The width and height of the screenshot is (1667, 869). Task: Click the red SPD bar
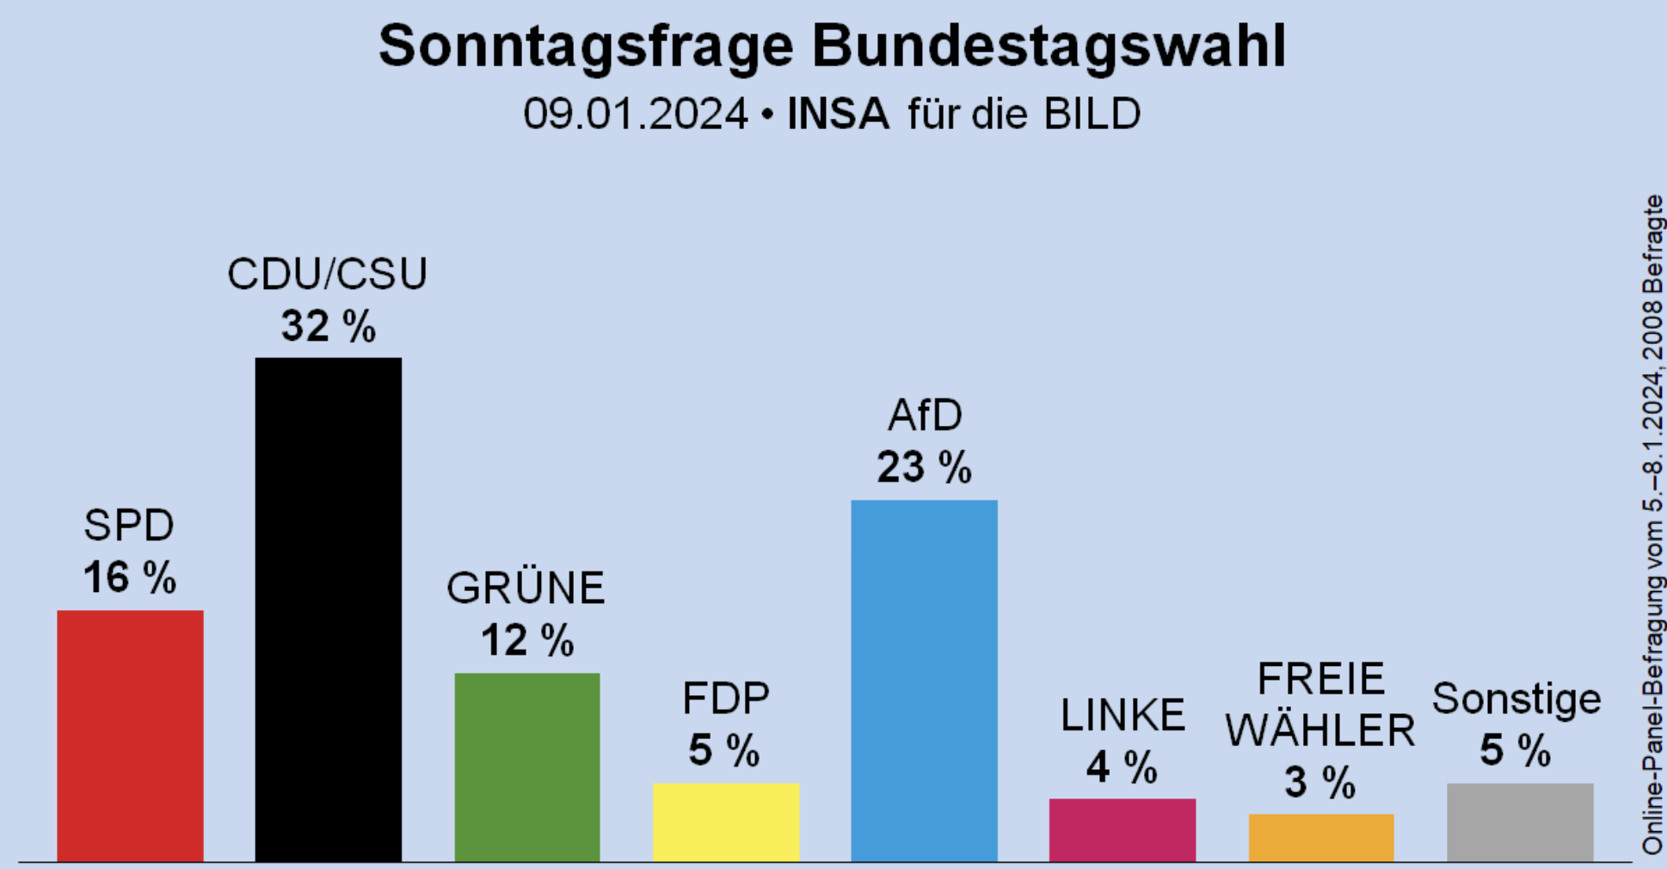pos(130,736)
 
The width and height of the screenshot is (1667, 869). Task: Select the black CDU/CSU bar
pos(328,609)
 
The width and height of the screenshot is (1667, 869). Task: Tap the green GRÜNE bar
pos(526,767)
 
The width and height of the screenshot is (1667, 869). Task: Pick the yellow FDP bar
pos(726,822)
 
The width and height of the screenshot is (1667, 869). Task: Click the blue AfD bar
pos(924,680)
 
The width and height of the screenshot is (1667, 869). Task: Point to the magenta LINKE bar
pos(1122,829)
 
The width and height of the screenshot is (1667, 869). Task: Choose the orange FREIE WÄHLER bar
pos(1320,837)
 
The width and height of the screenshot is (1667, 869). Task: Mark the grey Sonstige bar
pos(1519,822)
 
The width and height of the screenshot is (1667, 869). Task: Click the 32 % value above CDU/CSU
pos(328,327)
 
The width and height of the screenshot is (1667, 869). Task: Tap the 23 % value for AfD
pos(924,468)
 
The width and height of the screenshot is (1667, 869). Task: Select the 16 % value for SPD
pos(130,577)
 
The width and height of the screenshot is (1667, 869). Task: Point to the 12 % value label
pos(526,641)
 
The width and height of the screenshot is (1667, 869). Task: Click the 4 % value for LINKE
pos(1122,767)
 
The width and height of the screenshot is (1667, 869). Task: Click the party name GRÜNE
pos(526,589)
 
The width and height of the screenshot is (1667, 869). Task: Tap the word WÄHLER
pos(1320,731)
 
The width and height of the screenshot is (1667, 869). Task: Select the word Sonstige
pos(1516,699)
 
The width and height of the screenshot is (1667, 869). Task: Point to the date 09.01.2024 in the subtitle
pos(636,114)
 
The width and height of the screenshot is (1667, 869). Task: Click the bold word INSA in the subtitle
pos(838,114)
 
